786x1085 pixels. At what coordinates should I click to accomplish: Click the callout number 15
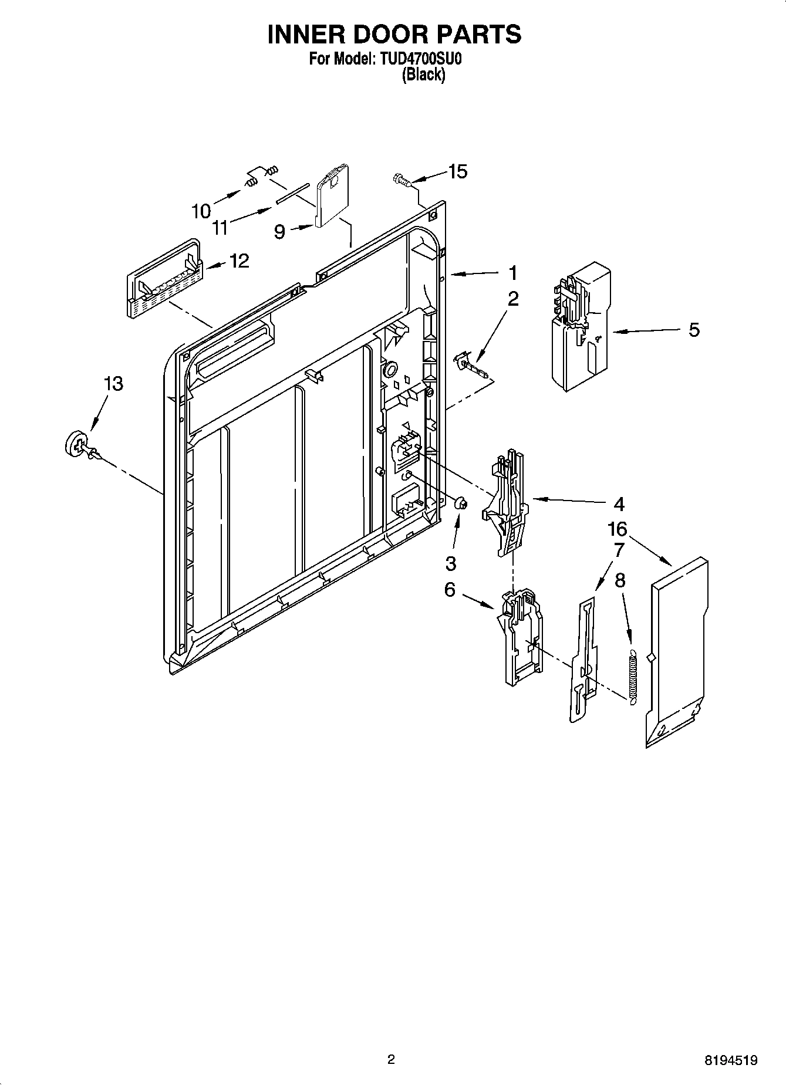(x=458, y=171)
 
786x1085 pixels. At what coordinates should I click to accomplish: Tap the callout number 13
(x=113, y=384)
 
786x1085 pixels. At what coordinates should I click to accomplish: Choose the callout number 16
(x=618, y=529)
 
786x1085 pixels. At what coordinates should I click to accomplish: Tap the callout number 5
(x=694, y=330)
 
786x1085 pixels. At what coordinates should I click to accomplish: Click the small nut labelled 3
(x=461, y=503)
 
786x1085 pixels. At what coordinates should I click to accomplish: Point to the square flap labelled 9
(x=332, y=197)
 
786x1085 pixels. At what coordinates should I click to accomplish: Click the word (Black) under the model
(x=423, y=75)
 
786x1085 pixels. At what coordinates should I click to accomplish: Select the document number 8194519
(x=731, y=1060)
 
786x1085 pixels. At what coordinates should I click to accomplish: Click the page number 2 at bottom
(x=391, y=1059)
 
